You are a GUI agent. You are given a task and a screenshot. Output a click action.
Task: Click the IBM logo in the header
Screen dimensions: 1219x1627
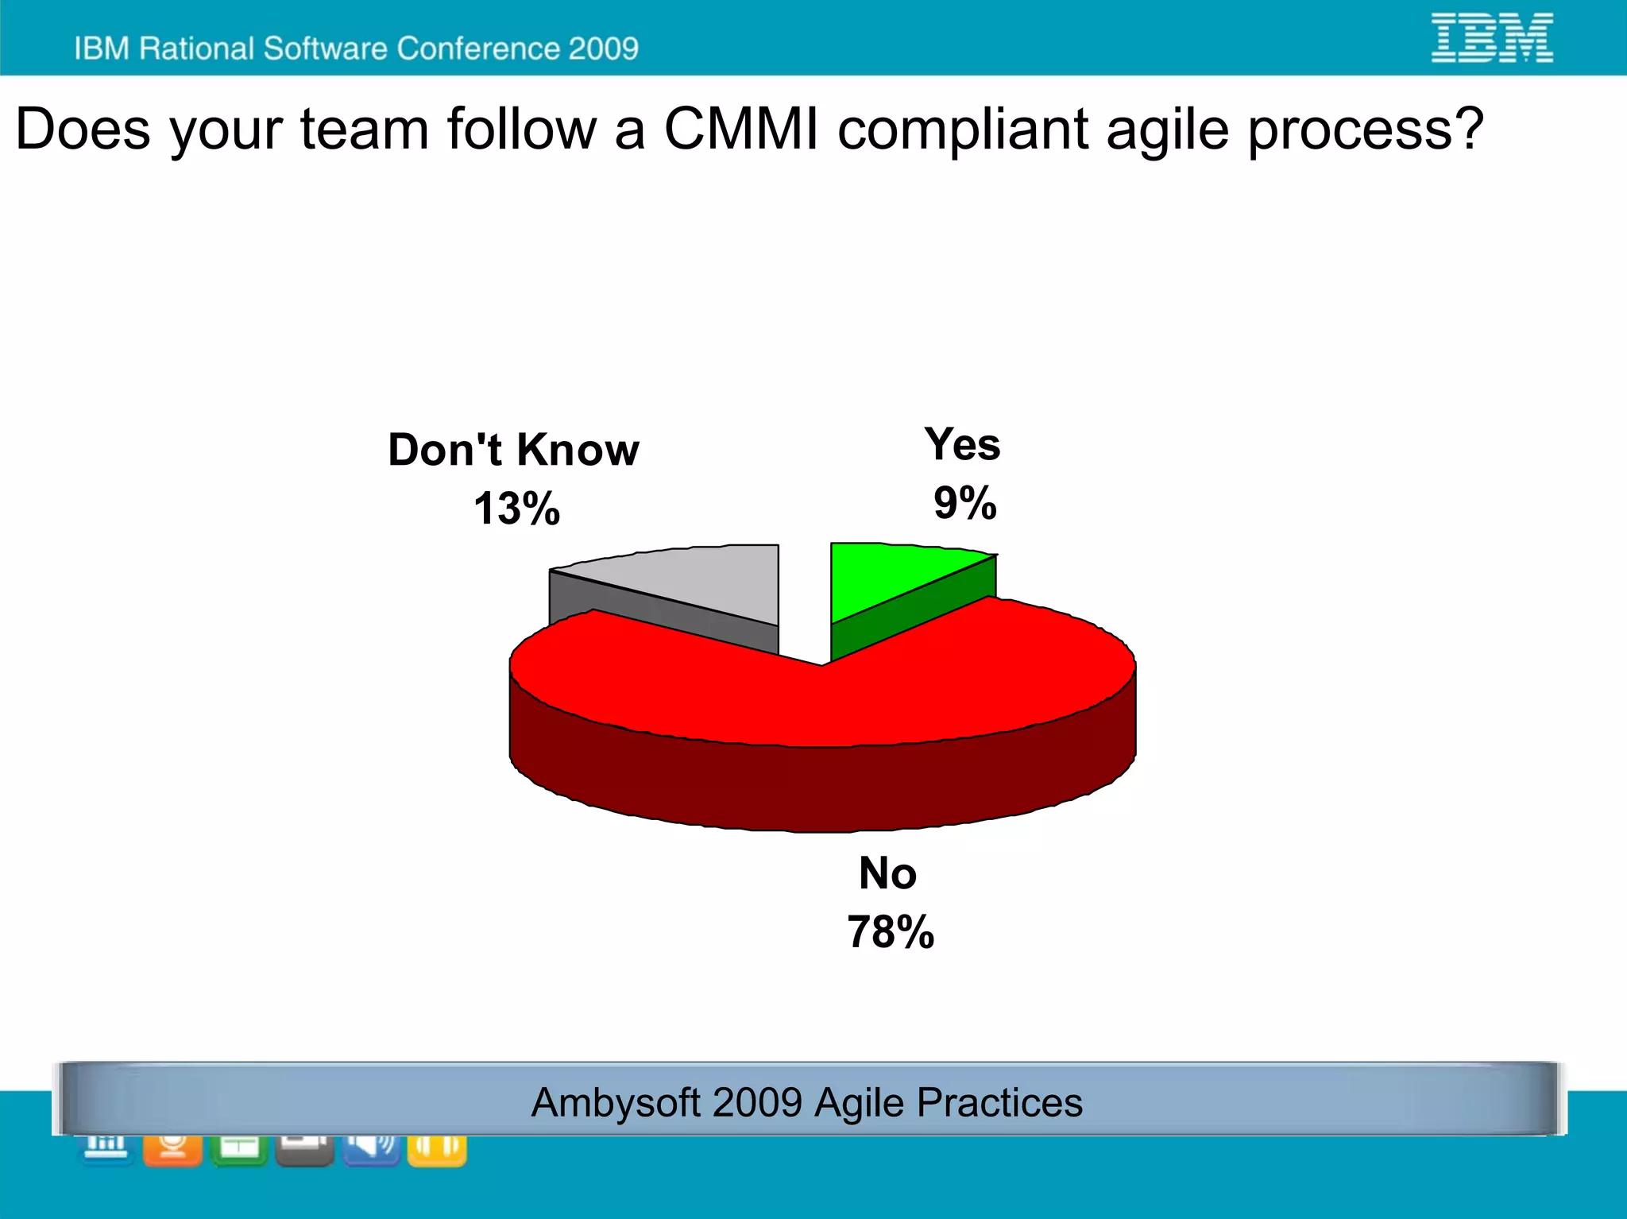click(1492, 37)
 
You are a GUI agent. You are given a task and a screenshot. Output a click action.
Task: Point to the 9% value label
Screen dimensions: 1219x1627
click(964, 503)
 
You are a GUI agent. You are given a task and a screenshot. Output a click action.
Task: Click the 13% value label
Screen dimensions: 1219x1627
click(516, 509)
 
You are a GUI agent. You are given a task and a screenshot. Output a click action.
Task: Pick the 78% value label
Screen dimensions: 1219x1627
click(890, 932)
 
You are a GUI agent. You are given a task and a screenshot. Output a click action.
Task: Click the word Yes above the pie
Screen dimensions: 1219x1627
click(962, 444)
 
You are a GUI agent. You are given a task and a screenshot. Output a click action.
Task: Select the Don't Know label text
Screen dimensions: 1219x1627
click(513, 450)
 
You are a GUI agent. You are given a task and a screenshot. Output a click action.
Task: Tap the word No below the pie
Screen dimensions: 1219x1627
click(887, 873)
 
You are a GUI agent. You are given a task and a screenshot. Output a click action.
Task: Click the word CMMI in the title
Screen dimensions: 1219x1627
click(740, 129)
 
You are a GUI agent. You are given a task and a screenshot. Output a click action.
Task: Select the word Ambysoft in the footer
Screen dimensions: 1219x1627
click(616, 1103)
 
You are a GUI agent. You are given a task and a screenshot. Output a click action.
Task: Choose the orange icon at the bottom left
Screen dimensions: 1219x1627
click(172, 1149)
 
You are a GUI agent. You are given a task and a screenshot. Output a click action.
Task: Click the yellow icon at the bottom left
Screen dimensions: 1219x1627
click(436, 1149)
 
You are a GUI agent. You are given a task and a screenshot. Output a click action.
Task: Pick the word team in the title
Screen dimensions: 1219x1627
click(365, 129)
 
